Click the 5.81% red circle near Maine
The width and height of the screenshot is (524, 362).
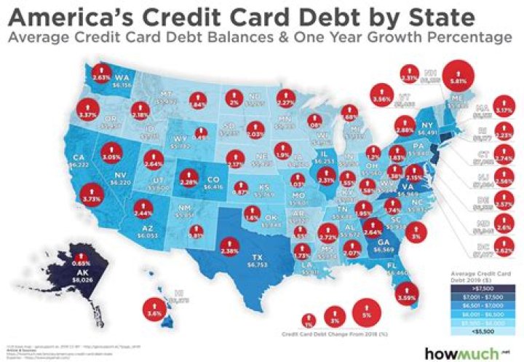tap(458, 75)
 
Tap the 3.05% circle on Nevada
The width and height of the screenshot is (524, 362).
tap(111, 156)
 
